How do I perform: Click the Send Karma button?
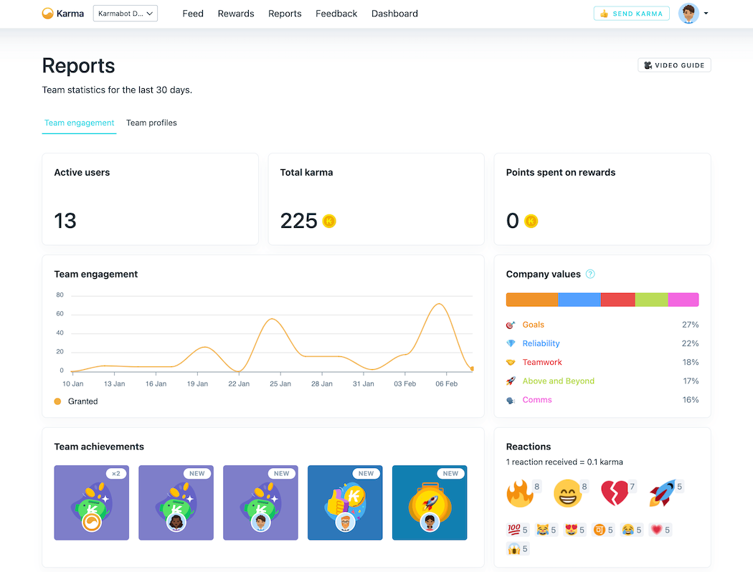(x=631, y=14)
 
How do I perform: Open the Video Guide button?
(x=674, y=65)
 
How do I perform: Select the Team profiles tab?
(x=151, y=123)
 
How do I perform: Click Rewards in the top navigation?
(x=236, y=14)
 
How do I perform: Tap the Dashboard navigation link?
(x=394, y=14)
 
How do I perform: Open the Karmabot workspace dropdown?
(x=126, y=14)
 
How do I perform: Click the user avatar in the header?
(x=688, y=14)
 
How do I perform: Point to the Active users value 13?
(x=65, y=221)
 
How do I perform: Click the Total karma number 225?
(x=298, y=221)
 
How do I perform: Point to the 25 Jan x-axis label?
(x=280, y=383)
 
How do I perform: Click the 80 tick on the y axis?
(x=60, y=295)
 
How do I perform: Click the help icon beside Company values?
(x=590, y=274)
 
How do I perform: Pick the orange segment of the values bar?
(x=531, y=300)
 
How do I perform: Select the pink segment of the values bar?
(x=683, y=300)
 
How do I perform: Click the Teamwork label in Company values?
(x=542, y=362)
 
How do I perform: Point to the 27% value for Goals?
(x=690, y=325)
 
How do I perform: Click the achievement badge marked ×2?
(x=92, y=502)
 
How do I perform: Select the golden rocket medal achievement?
(x=430, y=502)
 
